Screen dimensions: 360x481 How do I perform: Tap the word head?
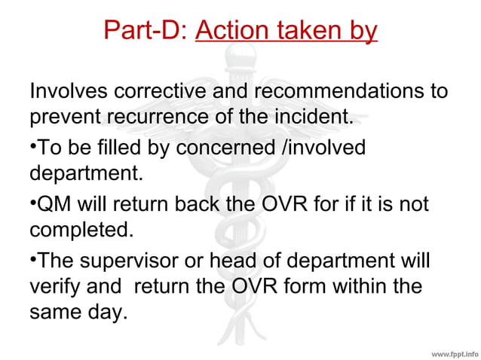pyautogui.click(x=257, y=262)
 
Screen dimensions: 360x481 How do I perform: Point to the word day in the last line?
pyautogui.click(x=106, y=312)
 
